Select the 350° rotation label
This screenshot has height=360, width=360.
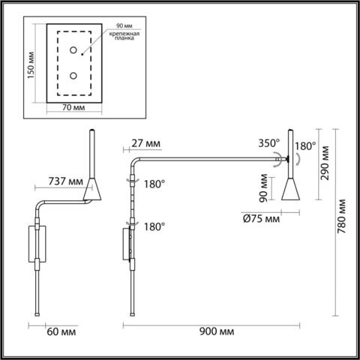(268, 141)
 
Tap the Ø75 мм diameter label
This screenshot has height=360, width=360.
(262, 219)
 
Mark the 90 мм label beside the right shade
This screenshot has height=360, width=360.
(263, 190)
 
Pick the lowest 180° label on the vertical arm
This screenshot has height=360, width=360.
(152, 225)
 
